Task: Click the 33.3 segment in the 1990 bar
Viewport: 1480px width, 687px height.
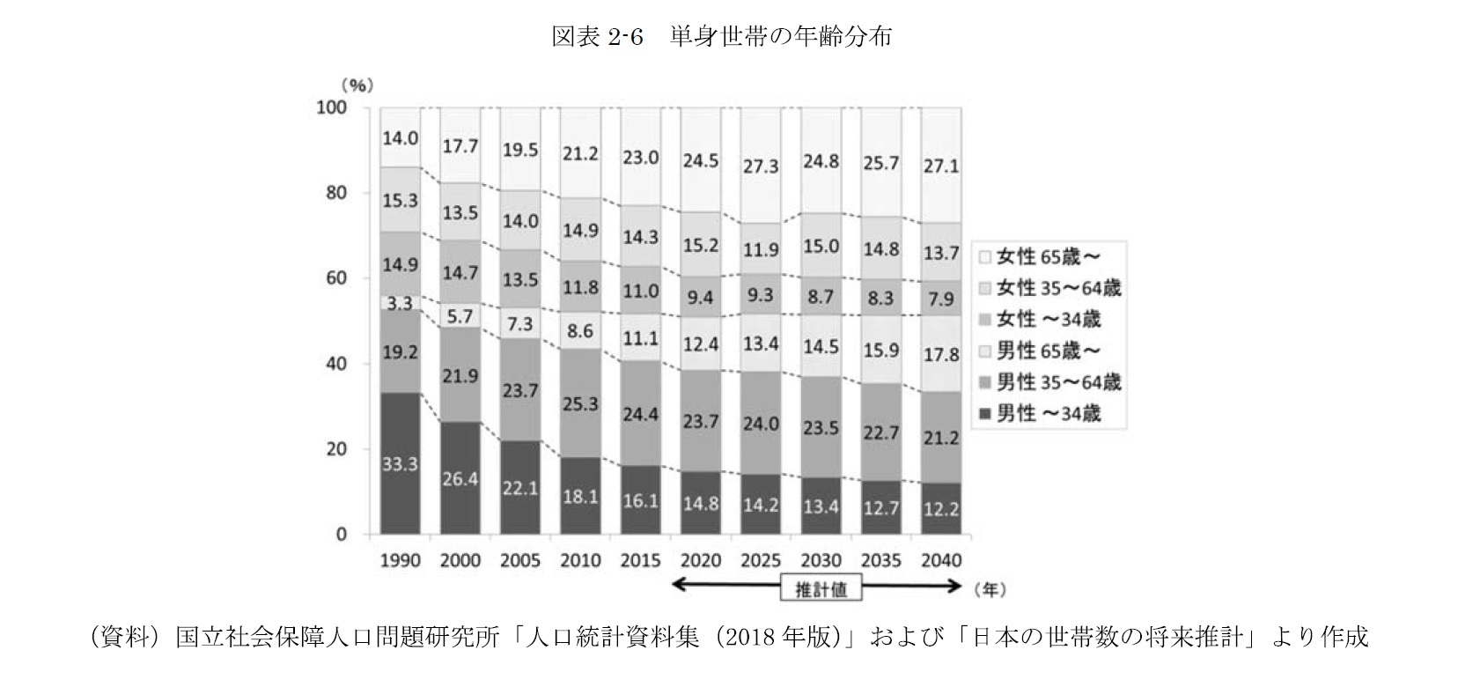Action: point(400,463)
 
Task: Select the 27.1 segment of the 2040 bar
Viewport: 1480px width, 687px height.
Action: point(941,165)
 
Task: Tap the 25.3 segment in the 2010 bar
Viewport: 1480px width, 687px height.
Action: point(580,403)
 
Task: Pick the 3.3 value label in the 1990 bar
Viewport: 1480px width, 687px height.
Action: point(400,303)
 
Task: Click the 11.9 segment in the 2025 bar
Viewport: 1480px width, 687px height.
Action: point(761,249)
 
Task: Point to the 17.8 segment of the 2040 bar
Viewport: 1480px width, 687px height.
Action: point(941,354)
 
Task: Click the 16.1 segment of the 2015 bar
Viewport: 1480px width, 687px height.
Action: point(640,499)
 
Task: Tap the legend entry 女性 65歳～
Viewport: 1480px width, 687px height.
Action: point(1039,257)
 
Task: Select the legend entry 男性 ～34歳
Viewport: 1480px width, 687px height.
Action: point(1039,413)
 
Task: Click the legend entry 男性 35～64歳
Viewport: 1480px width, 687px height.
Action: point(1048,382)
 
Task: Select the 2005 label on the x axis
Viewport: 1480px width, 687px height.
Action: point(519,560)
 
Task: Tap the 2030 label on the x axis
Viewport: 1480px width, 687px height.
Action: point(821,560)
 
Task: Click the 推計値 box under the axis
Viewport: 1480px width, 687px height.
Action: point(821,589)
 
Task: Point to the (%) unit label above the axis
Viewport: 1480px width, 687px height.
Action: point(358,85)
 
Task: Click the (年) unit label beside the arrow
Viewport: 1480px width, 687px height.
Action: point(989,586)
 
